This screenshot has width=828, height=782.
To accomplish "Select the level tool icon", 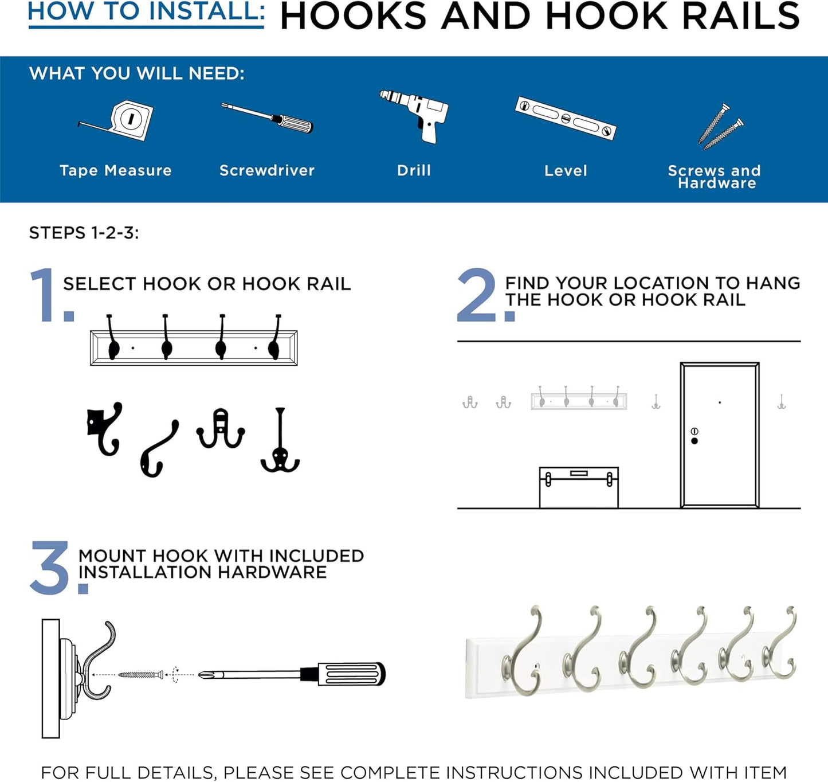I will click(566, 118).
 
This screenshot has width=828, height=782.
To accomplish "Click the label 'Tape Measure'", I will click(115, 170).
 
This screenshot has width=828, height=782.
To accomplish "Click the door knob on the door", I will click(694, 441).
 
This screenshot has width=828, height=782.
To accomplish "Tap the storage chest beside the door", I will click(579, 487).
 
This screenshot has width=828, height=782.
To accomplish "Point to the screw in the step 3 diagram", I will click(140, 675).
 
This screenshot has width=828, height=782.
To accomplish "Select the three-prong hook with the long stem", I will click(280, 441).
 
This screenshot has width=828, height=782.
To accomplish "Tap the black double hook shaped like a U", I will click(221, 430).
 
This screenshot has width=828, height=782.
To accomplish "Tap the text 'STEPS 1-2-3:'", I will click(84, 233).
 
